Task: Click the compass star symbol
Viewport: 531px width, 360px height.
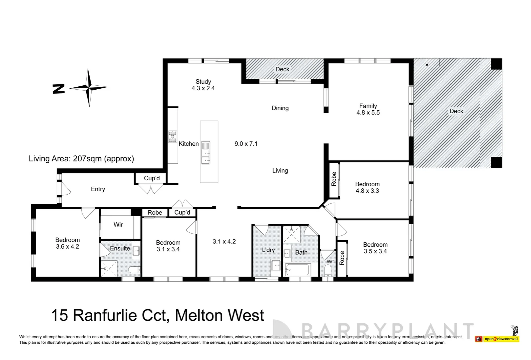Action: pyautogui.click(x=89, y=88)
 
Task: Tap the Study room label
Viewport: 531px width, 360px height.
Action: pyautogui.click(x=203, y=82)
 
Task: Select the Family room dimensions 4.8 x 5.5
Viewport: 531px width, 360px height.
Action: pyautogui.click(x=368, y=113)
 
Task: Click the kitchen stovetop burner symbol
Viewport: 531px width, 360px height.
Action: pyautogui.click(x=172, y=137)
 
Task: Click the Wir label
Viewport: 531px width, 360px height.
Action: pyautogui.click(x=118, y=225)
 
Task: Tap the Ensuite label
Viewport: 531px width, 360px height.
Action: pyautogui.click(x=120, y=248)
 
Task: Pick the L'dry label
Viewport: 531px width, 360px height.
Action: pyautogui.click(x=268, y=250)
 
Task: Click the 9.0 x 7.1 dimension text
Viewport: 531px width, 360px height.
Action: pyautogui.click(x=246, y=144)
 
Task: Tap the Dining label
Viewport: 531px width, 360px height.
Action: pyautogui.click(x=280, y=108)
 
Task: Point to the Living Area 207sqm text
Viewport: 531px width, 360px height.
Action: pyautogui.click(x=81, y=159)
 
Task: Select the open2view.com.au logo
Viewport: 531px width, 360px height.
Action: pyautogui.click(x=501, y=339)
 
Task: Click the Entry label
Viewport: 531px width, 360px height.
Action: pyautogui.click(x=98, y=189)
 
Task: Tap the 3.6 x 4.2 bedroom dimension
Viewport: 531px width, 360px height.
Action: pyautogui.click(x=67, y=247)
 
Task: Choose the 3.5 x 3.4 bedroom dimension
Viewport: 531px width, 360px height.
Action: pyautogui.click(x=375, y=251)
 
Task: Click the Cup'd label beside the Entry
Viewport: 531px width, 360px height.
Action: pyautogui.click(x=152, y=178)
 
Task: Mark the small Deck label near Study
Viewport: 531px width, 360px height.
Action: pyautogui.click(x=282, y=69)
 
